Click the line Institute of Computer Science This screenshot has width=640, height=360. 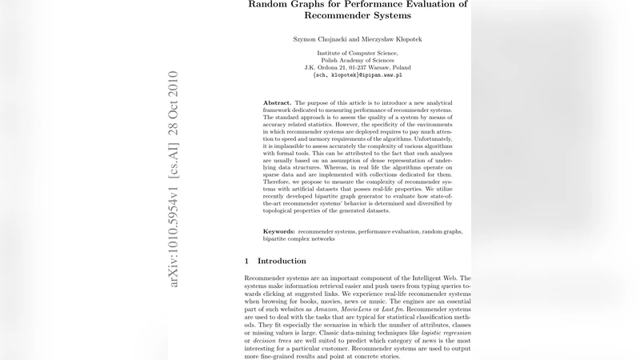pos(358,53)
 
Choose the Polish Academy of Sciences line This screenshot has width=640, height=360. pos(358,60)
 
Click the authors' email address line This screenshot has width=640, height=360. pos(358,75)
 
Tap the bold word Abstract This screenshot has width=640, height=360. pos(277,103)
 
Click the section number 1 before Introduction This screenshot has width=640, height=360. pos(247,261)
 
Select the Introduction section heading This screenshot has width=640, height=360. pos(282,261)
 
